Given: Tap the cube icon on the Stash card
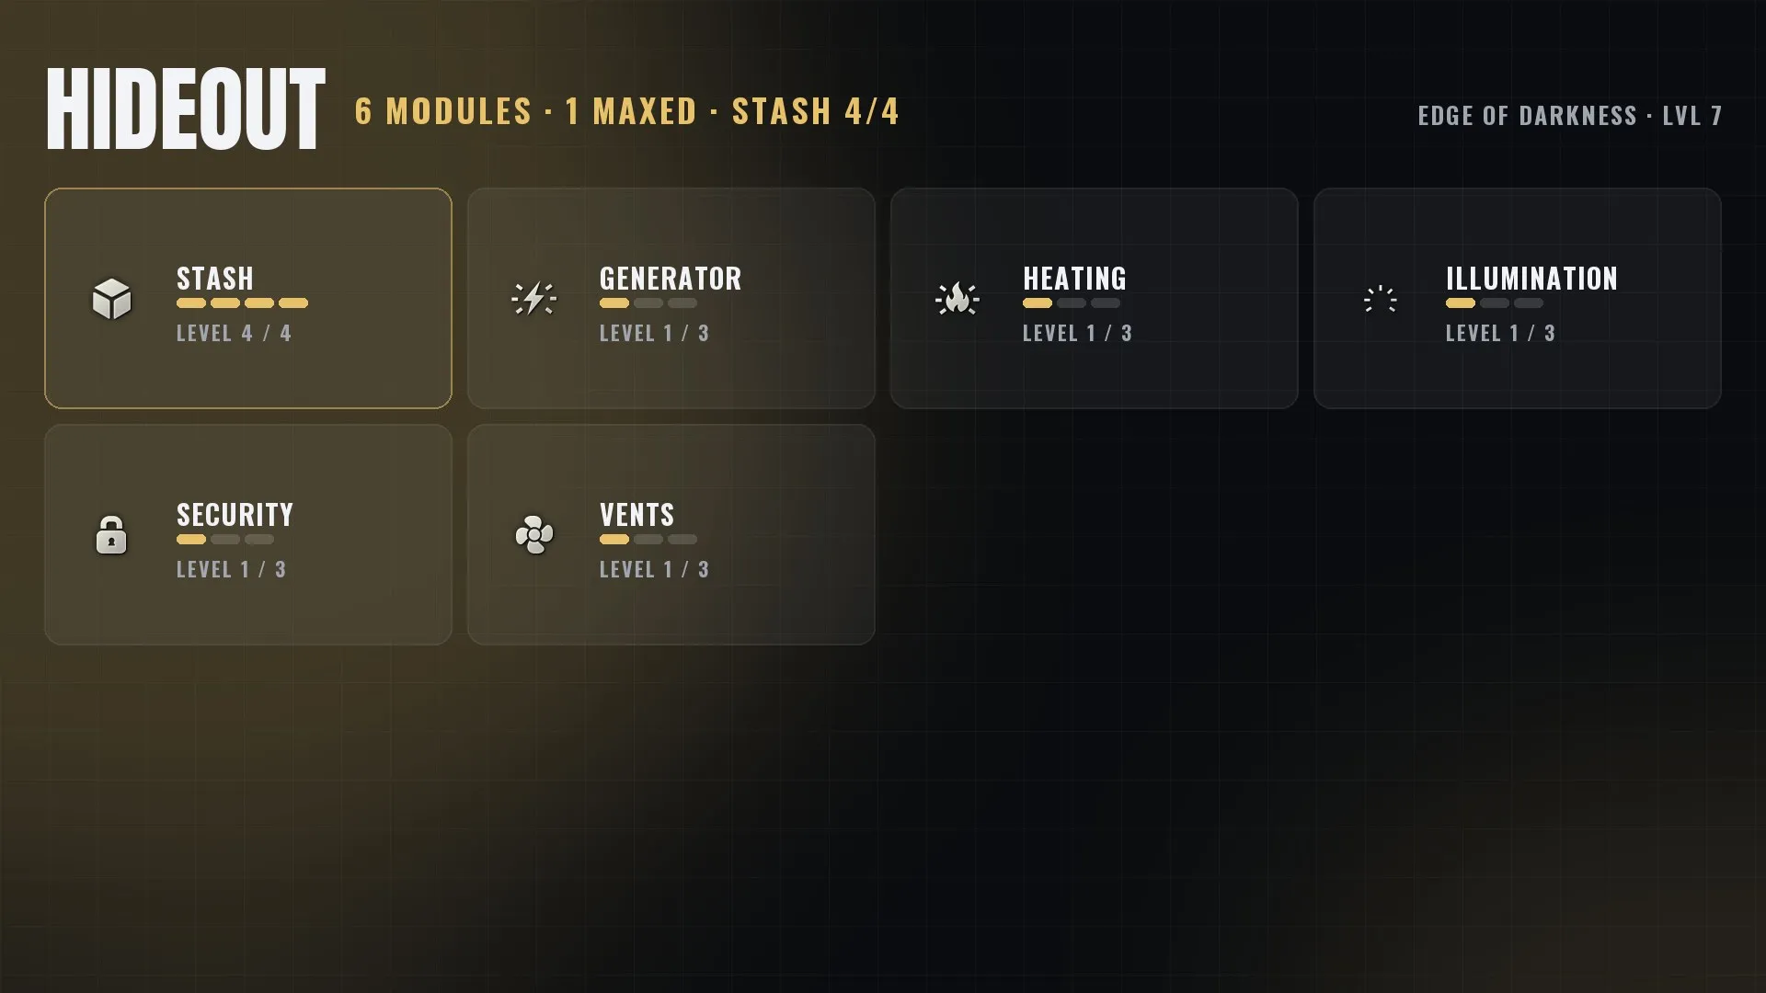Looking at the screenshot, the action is pos(111,299).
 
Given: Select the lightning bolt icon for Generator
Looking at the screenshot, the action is pos(533,299).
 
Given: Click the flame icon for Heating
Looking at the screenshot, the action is pos(958,299).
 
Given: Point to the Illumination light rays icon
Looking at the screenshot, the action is pos(1380,299).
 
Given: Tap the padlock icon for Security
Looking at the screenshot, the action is pos(111,534).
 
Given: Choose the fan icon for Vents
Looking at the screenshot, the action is pos(534,534).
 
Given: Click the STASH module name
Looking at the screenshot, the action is pos(215,279).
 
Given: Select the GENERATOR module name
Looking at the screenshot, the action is pos(671,279).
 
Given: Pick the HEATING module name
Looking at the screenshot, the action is pos(1074,279).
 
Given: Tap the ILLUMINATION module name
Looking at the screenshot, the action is pos(1531,279).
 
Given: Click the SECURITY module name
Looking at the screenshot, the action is pos(235,515).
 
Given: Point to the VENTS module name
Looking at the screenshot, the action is pos(636,515).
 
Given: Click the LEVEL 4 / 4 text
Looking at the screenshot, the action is pos(234,334).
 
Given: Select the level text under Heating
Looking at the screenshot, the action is pos(1077,334).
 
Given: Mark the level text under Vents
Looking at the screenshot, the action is pos(654,570).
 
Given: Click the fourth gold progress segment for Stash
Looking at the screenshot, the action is pos(293,303).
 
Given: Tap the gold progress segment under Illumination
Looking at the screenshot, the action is pos(1461,303).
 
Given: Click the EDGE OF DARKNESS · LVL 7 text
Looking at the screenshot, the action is pos(1569,116).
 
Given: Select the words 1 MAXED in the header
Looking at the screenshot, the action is pos(631,112).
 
